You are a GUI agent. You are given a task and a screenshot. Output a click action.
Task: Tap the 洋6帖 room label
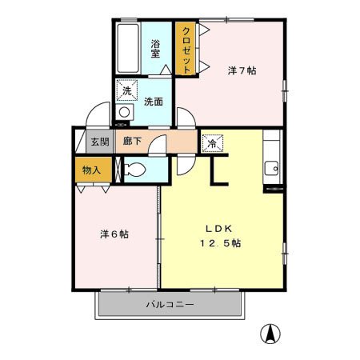pos(114,234)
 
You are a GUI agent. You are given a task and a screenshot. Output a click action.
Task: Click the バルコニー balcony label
pos(170,304)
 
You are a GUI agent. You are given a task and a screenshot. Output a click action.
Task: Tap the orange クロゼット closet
pos(186,50)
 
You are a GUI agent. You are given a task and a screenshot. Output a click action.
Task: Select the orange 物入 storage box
pos(91,170)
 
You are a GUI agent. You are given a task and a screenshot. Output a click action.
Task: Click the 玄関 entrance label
pos(99,142)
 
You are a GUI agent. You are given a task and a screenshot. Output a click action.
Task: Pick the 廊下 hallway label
pos(132,142)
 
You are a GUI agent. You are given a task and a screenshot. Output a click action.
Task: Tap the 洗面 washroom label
pos(154,102)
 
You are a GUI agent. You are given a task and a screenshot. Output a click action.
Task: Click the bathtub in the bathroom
pos(128,50)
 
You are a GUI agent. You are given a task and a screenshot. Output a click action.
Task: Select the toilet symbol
pos(136,170)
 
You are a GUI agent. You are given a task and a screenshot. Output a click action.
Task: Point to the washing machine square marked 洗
pos(126,90)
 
